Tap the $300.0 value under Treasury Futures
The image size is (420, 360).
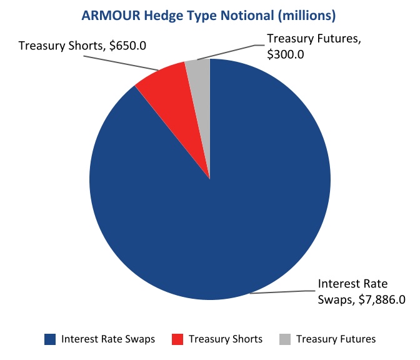coord(286,54)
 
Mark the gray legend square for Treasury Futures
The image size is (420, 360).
coord(285,339)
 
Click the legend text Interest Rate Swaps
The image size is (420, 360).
coord(108,339)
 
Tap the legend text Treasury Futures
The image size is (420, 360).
coord(336,339)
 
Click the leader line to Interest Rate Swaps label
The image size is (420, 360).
coord(281,292)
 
